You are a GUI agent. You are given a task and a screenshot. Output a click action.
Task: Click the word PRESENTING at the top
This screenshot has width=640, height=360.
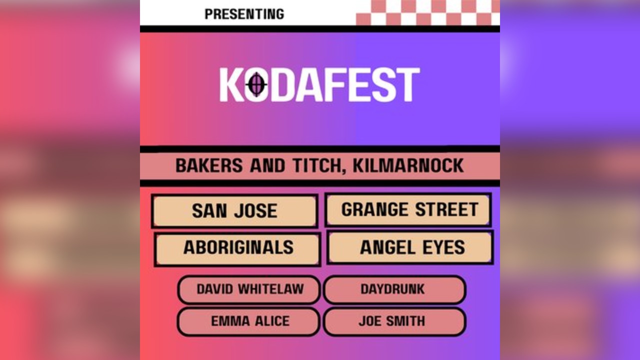(244, 14)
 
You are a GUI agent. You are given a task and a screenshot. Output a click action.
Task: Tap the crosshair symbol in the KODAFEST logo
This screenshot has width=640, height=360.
(256, 84)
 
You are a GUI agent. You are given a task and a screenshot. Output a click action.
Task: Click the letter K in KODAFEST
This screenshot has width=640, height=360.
(231, 85)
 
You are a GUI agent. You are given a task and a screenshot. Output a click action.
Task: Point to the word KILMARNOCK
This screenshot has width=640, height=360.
(408, 165)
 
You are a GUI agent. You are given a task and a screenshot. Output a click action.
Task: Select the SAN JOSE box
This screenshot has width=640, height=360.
(234, 211)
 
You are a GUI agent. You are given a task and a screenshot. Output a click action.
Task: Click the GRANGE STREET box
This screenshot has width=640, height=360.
(408, 210)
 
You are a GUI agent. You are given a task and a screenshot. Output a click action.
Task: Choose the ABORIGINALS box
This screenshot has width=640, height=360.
(238, 248)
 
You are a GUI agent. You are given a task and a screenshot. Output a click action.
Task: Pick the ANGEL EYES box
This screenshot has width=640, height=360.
(410, 247)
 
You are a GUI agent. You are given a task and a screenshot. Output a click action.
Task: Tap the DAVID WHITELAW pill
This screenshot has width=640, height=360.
(249, 289)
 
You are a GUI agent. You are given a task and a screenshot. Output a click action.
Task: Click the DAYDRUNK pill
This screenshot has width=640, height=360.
(394, 289)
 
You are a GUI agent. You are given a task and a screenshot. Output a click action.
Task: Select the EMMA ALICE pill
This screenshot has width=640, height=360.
(249, 321)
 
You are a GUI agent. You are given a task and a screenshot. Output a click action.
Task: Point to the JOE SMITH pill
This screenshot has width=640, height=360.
(394, 321)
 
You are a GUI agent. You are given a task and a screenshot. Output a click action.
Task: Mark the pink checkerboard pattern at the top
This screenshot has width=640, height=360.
(427, 12)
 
